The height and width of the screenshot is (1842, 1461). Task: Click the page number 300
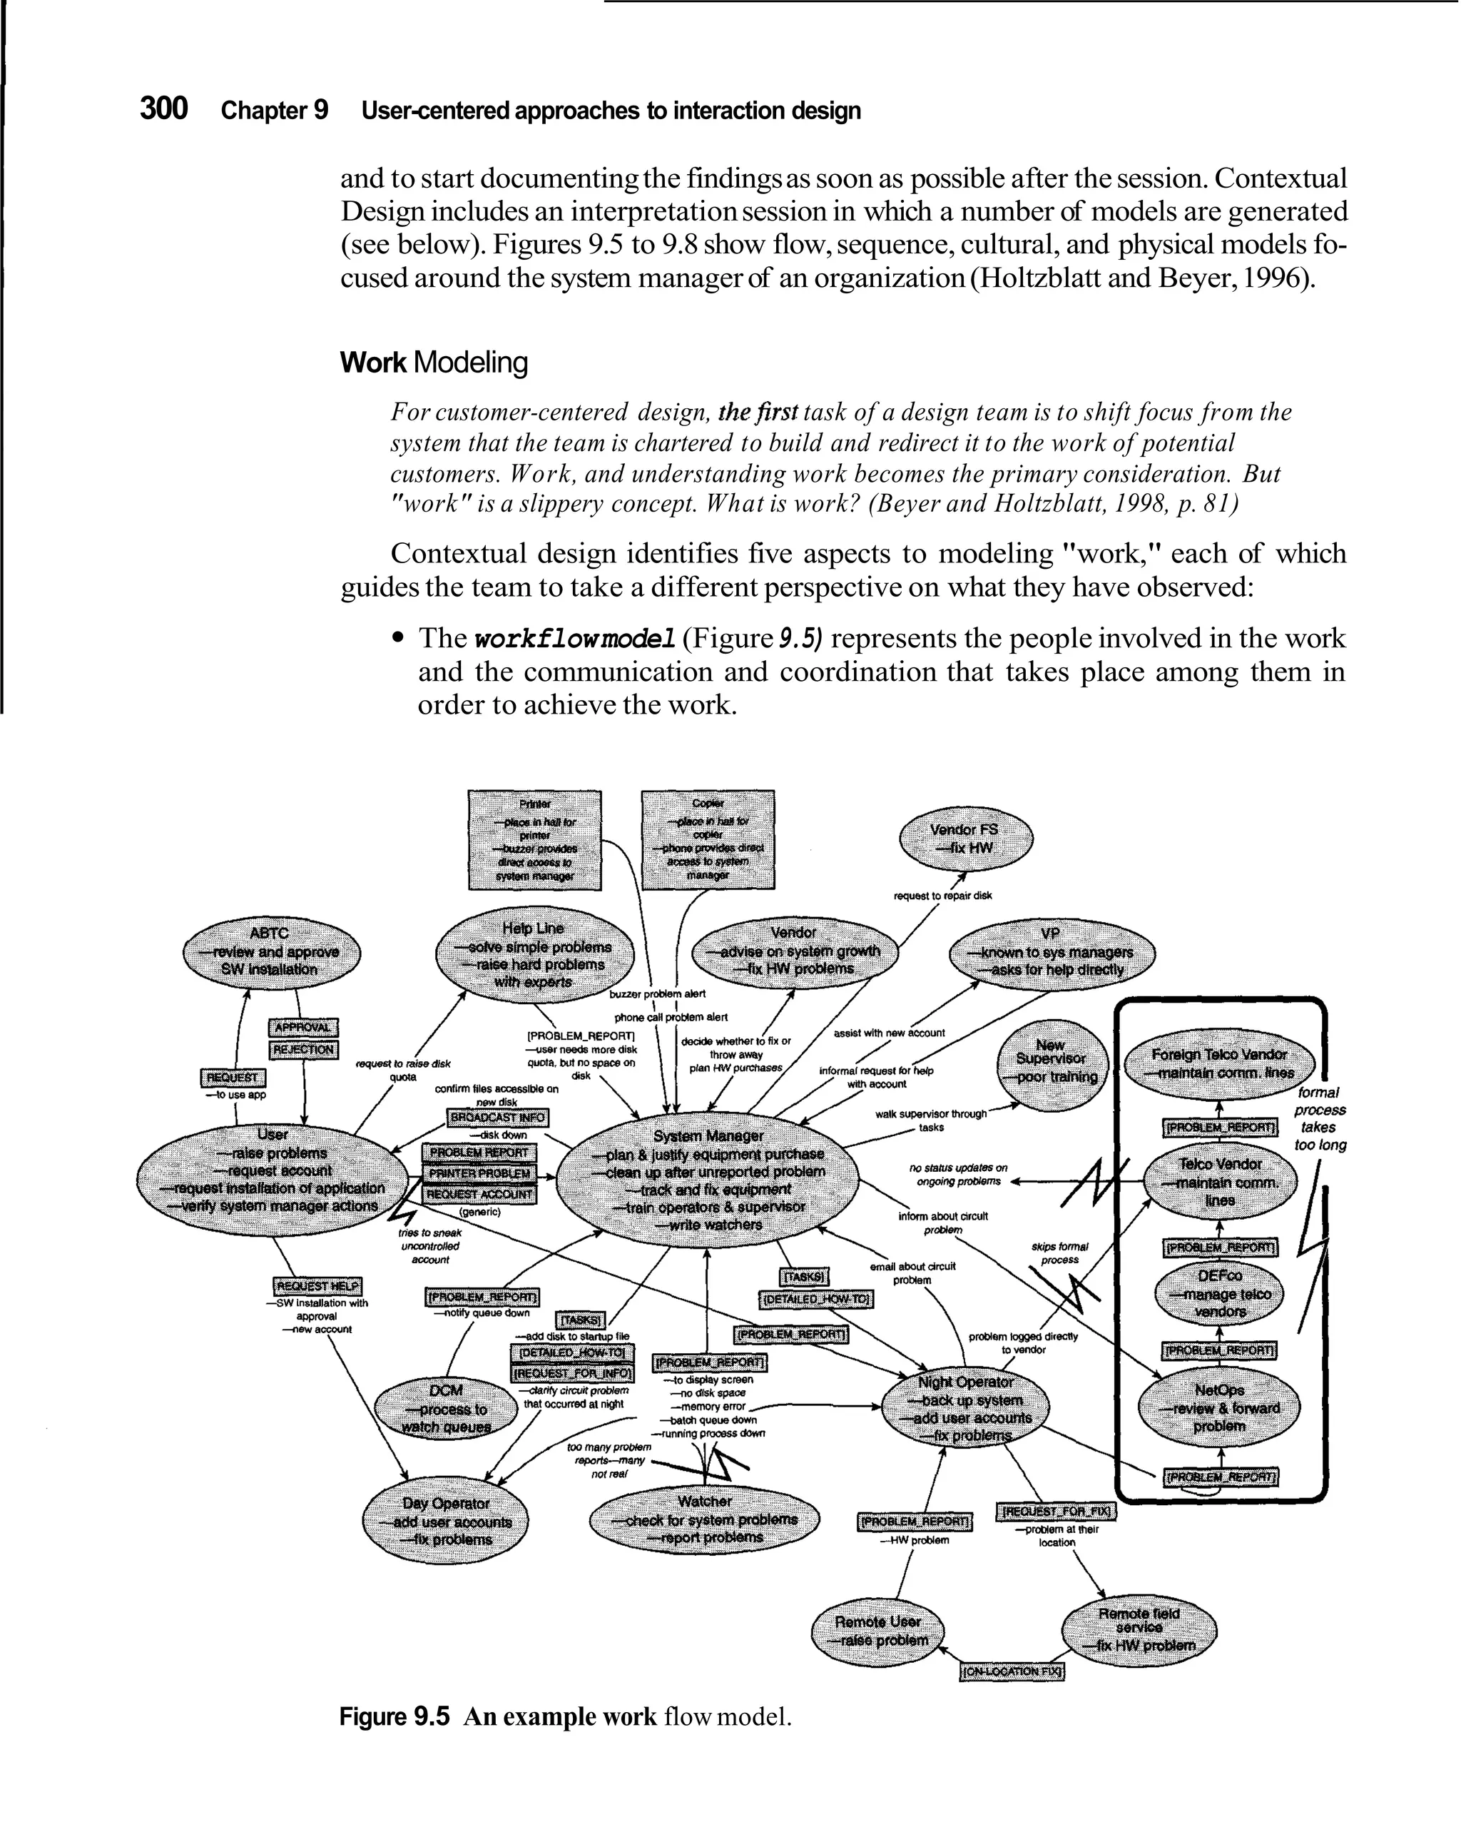164,109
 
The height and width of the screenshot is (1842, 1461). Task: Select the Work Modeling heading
434,363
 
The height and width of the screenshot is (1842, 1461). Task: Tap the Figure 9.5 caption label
394,1716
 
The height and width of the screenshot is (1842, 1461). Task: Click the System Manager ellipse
708,1180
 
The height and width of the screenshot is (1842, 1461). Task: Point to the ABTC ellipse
270,951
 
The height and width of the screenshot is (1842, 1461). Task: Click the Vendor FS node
965,838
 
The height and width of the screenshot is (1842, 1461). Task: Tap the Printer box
535,840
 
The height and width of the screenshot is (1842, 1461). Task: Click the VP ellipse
1050,951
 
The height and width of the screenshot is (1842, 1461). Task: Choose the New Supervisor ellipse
1051,1061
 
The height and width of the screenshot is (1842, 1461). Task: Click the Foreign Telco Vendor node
1219,1063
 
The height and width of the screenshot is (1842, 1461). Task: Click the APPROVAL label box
304,1028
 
